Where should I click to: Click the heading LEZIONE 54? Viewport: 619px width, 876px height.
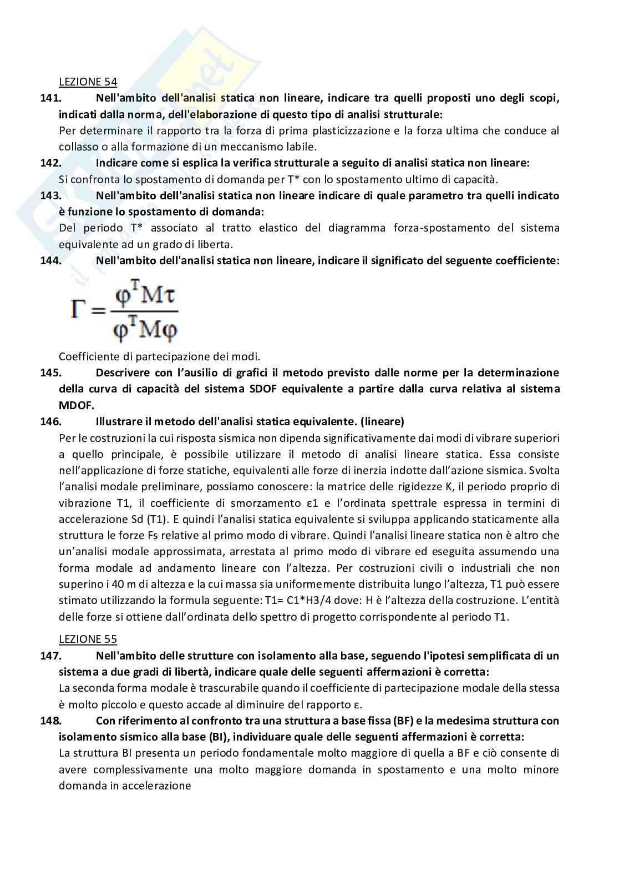(88, 82)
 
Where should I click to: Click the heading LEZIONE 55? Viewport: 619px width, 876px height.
(88, 639)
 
